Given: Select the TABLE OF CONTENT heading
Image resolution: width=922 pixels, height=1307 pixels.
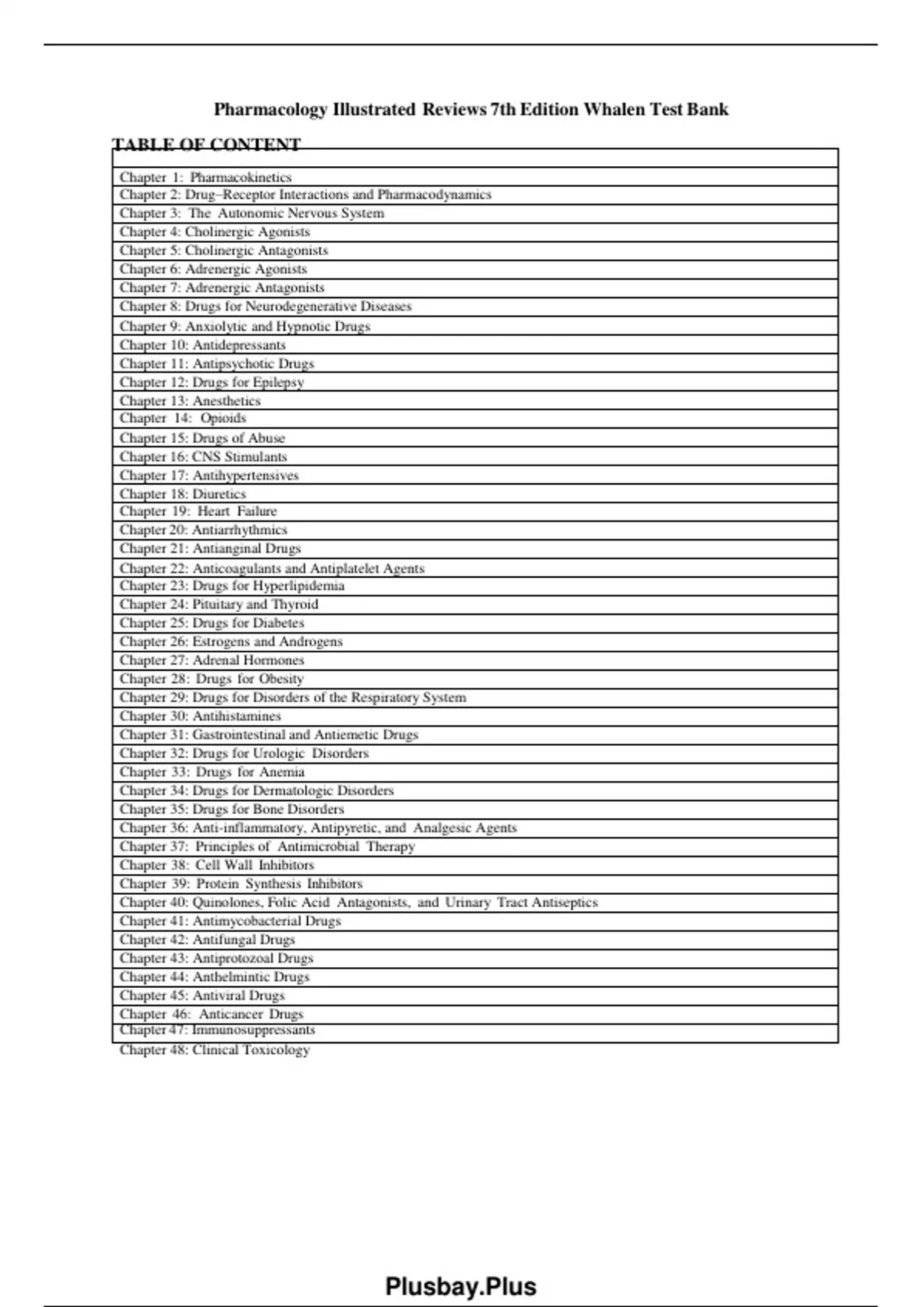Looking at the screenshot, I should pyautogui.click(x=206, y=145).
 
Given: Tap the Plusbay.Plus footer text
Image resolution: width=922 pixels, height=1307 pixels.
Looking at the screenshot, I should pyautogui.click(x=460, y=1286).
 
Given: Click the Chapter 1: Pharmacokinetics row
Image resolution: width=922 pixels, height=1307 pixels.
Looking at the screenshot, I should pyautogui.click(x=206, y=177).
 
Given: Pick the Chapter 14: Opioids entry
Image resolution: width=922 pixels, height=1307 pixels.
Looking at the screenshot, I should pyautogui.click(x=183, y=418).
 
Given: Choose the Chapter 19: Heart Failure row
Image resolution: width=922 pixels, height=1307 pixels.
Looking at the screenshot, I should pyautogui.click(x=198, y=511).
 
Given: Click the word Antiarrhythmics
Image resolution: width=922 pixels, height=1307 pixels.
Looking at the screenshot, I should pyautogui.click(x=239, y=530).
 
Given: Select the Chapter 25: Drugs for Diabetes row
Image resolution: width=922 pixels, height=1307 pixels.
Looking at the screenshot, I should pyautogui.click(x=212, y=623).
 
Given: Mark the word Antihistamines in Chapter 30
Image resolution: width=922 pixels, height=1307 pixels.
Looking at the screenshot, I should pyautogui.click(x=237, y=716).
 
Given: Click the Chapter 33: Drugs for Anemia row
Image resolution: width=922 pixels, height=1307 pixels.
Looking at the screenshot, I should pyautogui.click(x=212, y=772).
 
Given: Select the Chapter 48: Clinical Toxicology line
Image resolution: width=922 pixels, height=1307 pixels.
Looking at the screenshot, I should pyautogui.click(x=214, y=1049).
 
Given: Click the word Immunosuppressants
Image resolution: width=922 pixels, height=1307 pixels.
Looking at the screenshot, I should pyautogui.click(x=254, y=1030).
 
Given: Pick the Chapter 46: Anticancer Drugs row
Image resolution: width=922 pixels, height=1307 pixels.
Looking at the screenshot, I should pyautogui.click(x=211, y=1014).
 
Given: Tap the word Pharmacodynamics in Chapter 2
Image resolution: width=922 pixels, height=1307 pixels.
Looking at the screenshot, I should pyautogui.click(x=434, y=195).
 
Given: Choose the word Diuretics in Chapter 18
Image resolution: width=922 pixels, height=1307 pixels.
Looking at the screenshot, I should pyautogui.click(x=219, y=494).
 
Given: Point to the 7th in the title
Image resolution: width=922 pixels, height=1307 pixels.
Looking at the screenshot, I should pyautogui.click(x=502, y=109).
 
